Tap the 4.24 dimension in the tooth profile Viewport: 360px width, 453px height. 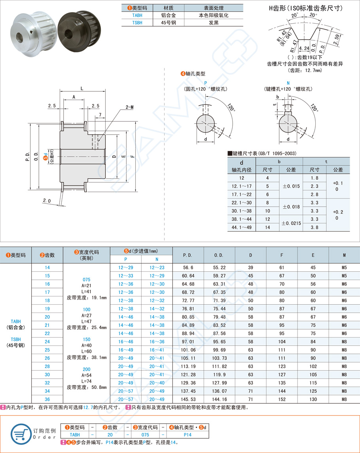coord(304,48)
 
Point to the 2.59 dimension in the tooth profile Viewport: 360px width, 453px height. coord(336,39)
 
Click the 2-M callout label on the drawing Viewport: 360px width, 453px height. coord(129,107)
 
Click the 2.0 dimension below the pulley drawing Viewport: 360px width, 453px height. coord(47,201)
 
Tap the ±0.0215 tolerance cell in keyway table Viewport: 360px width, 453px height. coord(291,223)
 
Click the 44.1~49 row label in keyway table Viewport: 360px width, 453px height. coord(241,227)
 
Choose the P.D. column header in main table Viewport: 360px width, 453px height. coord(188,256)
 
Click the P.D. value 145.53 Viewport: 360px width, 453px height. coord(188,399)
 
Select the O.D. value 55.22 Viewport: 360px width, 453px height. coord(219,267)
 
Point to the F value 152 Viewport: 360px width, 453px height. coord(282,399)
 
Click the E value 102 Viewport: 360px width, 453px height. coord(313,366)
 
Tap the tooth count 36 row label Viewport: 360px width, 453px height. coord(47,399)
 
